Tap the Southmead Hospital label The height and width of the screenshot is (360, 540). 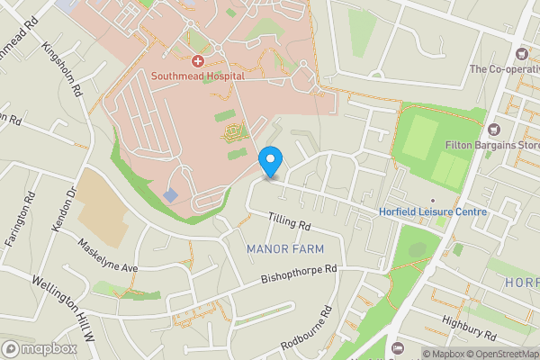197,76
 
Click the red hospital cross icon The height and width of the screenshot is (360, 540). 197,60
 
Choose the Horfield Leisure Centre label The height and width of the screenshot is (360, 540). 433,213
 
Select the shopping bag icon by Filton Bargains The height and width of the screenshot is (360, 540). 492,130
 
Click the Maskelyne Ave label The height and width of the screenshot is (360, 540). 107,256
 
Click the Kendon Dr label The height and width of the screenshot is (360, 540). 62,206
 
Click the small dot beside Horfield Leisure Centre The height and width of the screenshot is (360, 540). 432,201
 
